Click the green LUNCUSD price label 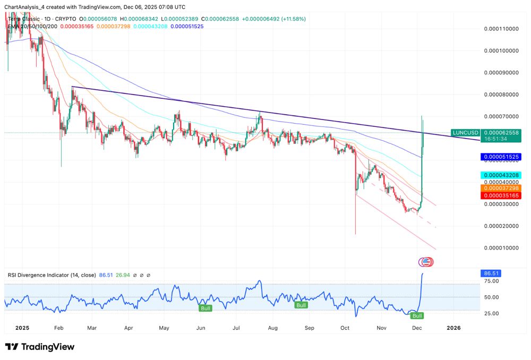pyautogui.click(x=464, y=132)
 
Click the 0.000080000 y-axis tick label pyautogui.click(x=502, y=95)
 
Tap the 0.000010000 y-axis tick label pyautogui.click(x=502, y=248)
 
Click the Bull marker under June pyautogui.click(x=205, y=308)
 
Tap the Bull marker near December pyautogui.click(x=417, y=315)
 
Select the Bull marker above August pyautogui.click(x=301, y=305)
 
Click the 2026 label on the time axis pyautogui.click(x=454, y=328)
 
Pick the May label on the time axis pyautogui.click(x=164, y=328)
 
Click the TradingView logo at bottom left pyautogui.click(x=40, y=347)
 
